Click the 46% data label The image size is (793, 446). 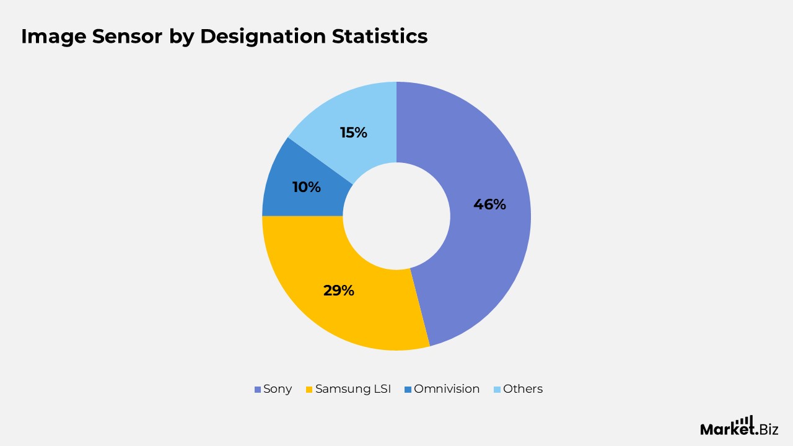(x=489, y=204)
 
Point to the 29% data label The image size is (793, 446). (x=338, y=290)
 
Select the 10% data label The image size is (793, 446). (x=306, y=187)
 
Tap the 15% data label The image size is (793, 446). (x=353, y=133)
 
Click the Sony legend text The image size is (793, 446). (x=278, y=389)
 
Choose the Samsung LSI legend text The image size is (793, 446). (x=353, y=389)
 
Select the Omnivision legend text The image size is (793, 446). (x=447, y=389)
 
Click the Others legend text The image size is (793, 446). (x=523, y=389)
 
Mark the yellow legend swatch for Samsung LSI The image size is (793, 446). (x=309, y=390)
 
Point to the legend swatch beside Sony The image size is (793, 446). (x=257, y=390)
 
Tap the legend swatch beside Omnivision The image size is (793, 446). (x=407, y=390)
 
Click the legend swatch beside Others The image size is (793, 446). (x=496, y=390)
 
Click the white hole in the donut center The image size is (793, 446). (x=396, y=216)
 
